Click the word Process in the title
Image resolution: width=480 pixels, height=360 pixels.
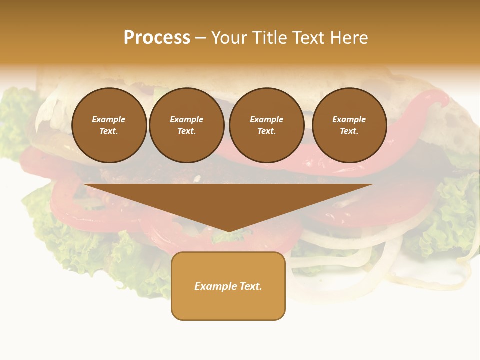point(157,38)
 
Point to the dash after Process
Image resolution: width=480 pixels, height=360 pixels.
point(200,38)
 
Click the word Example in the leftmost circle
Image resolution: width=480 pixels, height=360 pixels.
point(109,119)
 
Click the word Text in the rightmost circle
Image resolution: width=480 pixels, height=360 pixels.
point(349,131)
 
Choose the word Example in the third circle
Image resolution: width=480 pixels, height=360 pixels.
point(266,119)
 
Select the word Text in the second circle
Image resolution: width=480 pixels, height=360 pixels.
point(186,131)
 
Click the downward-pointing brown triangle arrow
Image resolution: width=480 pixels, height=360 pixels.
point(228,200)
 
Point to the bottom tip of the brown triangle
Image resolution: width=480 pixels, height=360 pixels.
point(228,231)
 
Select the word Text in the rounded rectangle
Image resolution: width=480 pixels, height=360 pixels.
point(251,286)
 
